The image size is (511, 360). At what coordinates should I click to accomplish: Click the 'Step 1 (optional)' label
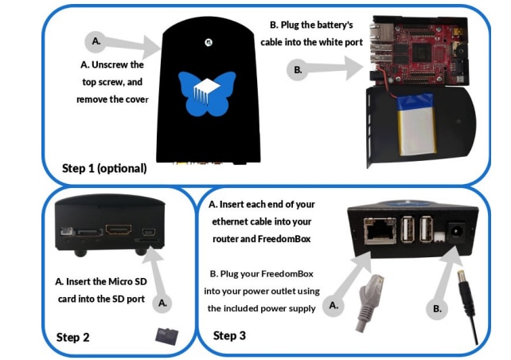point(104,168)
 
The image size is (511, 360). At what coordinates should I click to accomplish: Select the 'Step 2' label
point(72,337)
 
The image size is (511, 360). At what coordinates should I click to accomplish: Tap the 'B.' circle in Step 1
point(298,70)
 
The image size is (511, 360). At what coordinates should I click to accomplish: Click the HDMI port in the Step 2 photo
point(121,231)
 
